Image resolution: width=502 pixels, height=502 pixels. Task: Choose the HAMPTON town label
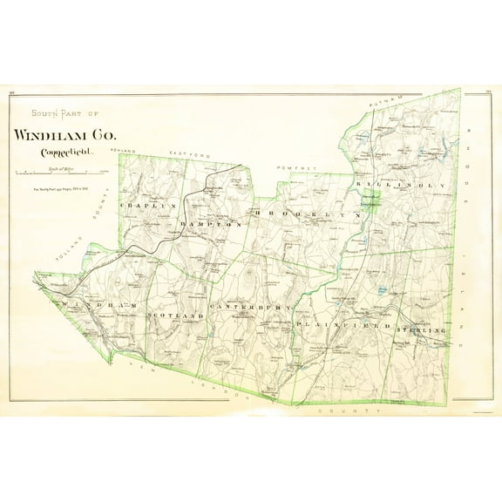(209, 224)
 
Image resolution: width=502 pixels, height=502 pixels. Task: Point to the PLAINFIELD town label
(341, 324)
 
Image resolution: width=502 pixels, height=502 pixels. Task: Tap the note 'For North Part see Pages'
(59, 188)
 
